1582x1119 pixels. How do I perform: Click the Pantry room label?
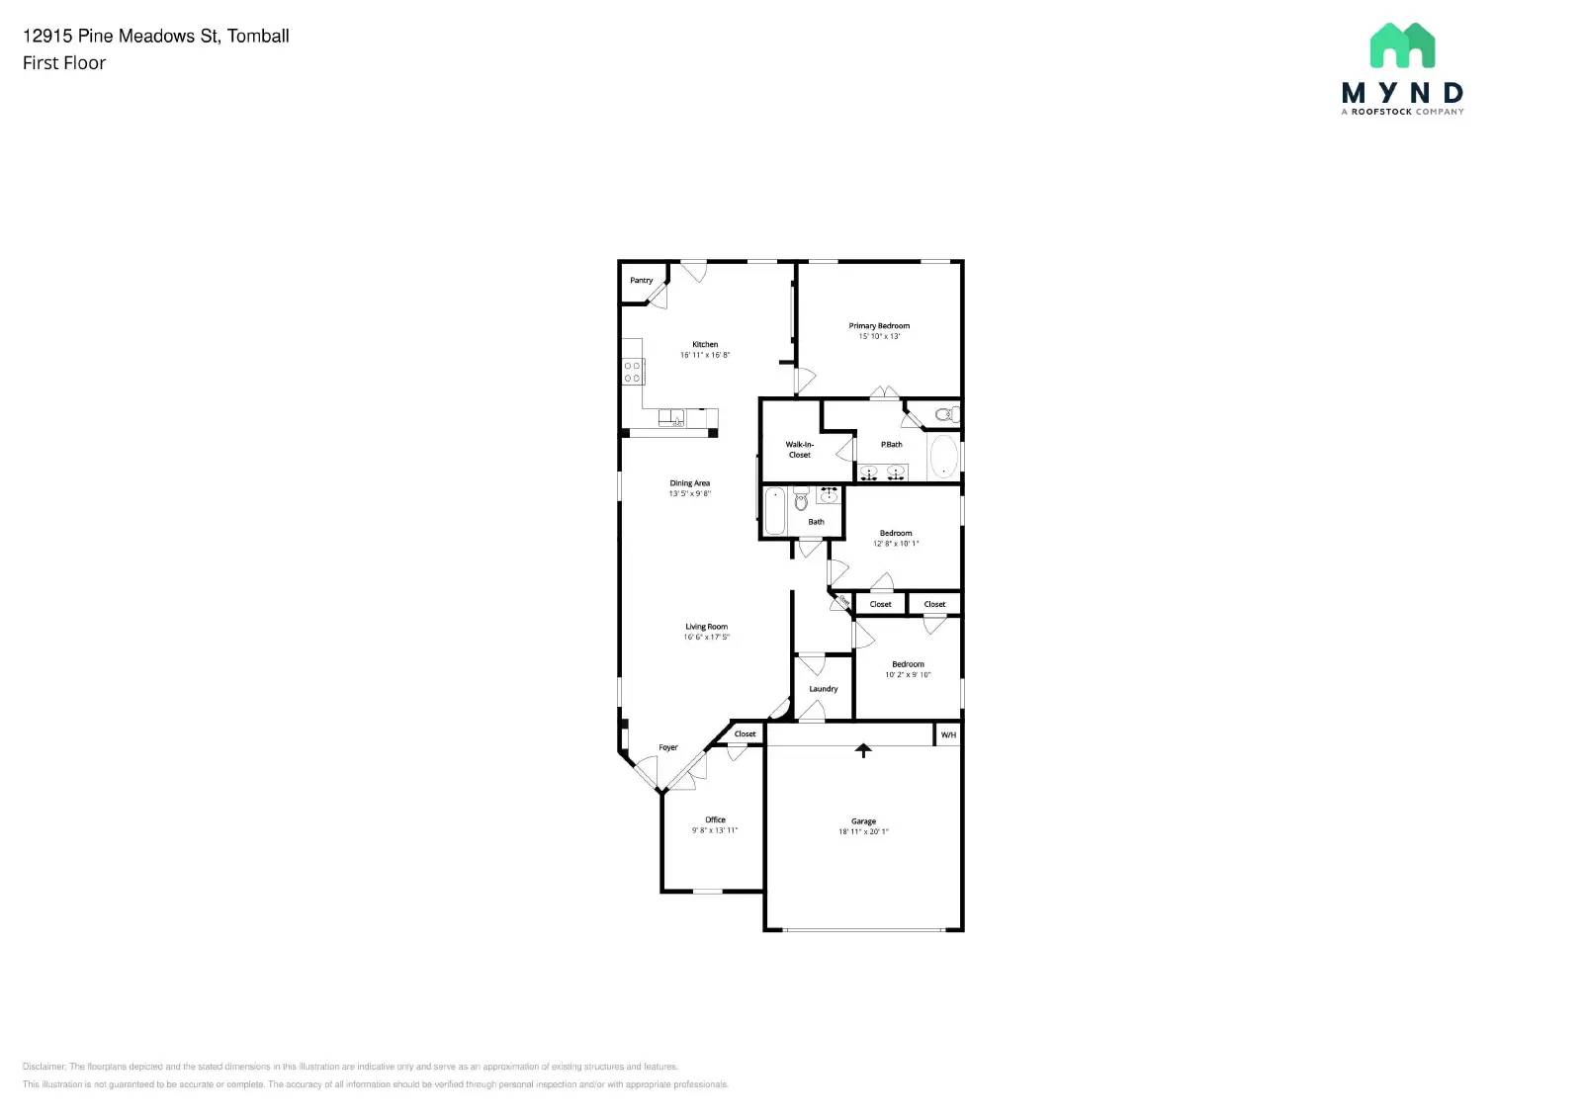click(642, 281)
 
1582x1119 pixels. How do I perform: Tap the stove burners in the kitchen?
click(633, 372)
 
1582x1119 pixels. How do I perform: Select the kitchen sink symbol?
click(672, 417)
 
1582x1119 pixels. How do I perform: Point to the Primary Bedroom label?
click(879, 326)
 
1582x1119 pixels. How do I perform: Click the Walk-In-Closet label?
click(800, 450)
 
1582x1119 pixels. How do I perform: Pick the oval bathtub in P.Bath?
click(943, 458)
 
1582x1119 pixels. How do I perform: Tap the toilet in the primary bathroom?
click(944, 413)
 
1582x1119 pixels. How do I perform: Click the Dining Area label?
click(689, 483)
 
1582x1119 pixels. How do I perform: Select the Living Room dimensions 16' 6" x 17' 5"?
click(706, 638)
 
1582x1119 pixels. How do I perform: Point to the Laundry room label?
click(823, 689)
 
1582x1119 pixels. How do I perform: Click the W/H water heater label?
click(948, 735)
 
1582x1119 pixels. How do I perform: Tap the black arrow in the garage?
click(864, 750)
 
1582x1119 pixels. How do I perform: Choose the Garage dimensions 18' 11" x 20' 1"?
click(863, 832)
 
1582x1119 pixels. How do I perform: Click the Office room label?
click(715, 819)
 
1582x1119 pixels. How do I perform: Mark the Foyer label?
click(668, 747)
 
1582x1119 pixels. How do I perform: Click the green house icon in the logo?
click(1402, 45)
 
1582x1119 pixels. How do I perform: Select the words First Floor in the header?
click(64, 63)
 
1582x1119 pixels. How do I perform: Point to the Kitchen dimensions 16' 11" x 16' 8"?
click(705, 355)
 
